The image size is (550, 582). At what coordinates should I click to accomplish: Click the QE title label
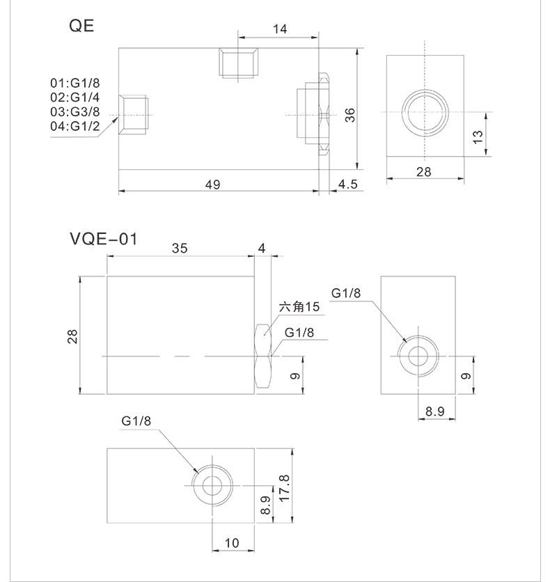pos(81,26)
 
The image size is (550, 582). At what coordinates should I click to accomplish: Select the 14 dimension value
pos(280,29)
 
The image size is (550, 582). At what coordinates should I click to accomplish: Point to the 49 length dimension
pos(213,184)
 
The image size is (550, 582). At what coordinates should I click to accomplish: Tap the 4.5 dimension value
pos(347,184)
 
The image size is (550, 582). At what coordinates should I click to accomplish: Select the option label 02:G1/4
pos(74,97)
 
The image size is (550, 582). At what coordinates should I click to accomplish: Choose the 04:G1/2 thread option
pos(74,126)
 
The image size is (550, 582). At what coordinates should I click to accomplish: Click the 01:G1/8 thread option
pos(74,82)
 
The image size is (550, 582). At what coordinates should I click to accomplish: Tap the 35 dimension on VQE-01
pos(180,249)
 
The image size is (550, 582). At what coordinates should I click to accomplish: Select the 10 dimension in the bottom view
pos(232,542)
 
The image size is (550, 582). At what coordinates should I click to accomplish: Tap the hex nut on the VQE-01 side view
pos(262,356)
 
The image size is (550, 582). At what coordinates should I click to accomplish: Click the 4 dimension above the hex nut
pos(262,249)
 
